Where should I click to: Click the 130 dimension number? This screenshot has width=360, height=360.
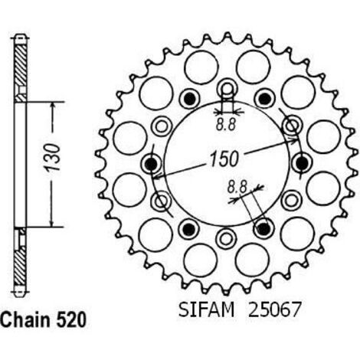pyautogui.click(x=52, y=158)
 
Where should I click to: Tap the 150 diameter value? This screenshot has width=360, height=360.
pyautogui.click(x=224, y=159)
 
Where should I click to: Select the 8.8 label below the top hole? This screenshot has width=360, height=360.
pyautogui.click(x=225, y=125)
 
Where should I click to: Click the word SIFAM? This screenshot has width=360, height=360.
pyautogui.click(x=206, y=309)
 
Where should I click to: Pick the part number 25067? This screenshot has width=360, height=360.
pyautogui.click(x=273, y=309)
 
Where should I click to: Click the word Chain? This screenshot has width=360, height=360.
pyautogui.click(x=25, y=320)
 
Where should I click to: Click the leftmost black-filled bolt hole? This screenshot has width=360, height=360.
pyautogui.click(x=151, y=163)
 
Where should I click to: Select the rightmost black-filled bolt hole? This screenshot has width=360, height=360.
pyautogui.click(x=302, y=162)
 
